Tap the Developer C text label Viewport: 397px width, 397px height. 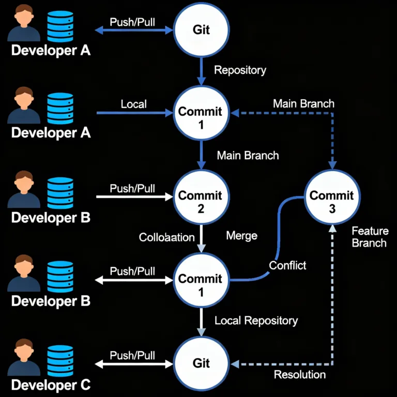tap(51, 385)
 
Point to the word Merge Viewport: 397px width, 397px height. tap(241, 236)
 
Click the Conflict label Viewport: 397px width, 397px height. tap(287, 265)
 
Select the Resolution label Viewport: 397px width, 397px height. tap(300, 374)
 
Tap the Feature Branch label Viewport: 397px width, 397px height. tap(369, 236)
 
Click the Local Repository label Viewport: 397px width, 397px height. tap(256, 320)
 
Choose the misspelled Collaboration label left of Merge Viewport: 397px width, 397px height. tap(167, 237)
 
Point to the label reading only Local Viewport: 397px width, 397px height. tap(133, 104)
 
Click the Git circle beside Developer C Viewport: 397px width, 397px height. tap(201, 363)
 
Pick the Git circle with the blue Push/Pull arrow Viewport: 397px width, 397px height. tap(201, 29)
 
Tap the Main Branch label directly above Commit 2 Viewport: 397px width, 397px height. tap(248, 155)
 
